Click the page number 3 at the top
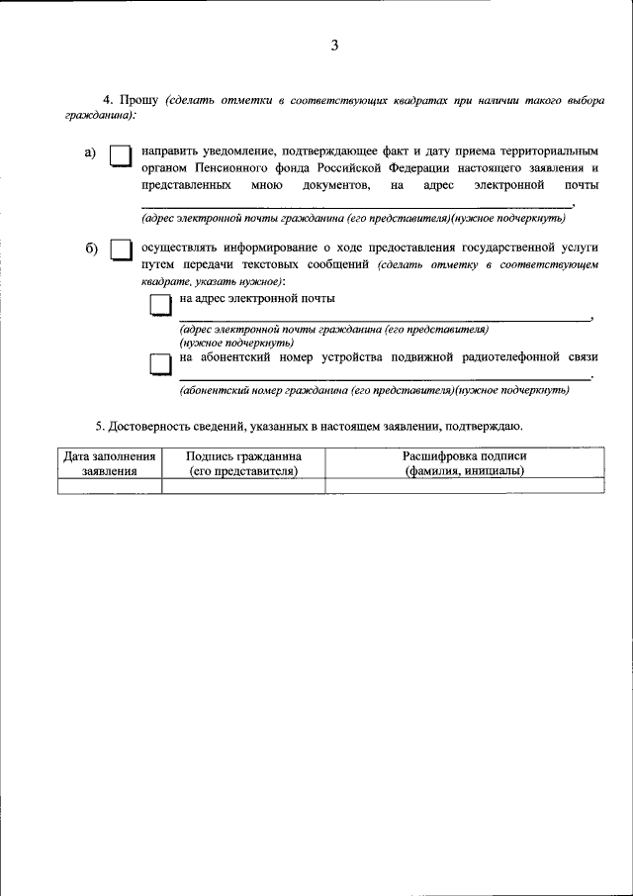[335, 46]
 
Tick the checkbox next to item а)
[121, 157]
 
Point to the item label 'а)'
[90, 152]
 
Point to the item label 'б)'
[90, 247]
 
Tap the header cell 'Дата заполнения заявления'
[109, 463]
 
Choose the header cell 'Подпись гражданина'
[243, 463]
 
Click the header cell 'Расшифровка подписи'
[464, 463]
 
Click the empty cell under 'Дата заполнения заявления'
[109, 485]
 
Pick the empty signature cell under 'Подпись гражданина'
[243, 485]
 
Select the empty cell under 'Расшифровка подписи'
[464, 485]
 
